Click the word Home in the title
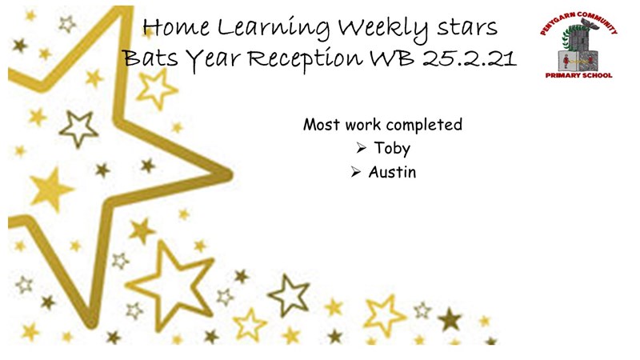click(176, 27)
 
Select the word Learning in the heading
click(274, 30)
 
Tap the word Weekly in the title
click(383, 30)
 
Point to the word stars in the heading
click(467, 29)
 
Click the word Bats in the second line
click(151, 58)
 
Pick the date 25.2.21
click(470, 58)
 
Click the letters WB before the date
click(391, 58)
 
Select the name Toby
click(392, 149)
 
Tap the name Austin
click(392, 172)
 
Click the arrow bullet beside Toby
click(362, 148)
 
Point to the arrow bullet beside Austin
click(355, 172)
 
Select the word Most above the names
click(322, 125)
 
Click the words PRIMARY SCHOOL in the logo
click(578, 75)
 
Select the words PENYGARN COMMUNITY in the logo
click(578, 22)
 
